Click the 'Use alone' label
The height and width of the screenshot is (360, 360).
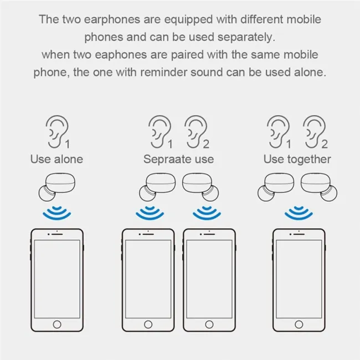click(56, 160)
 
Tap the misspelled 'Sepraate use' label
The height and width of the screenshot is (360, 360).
click(178, 160)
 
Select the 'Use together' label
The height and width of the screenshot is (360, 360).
click(297, 160)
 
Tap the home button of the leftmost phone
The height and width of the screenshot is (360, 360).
click(56, 324)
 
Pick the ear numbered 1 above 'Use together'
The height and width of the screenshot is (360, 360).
click(278, 131)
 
